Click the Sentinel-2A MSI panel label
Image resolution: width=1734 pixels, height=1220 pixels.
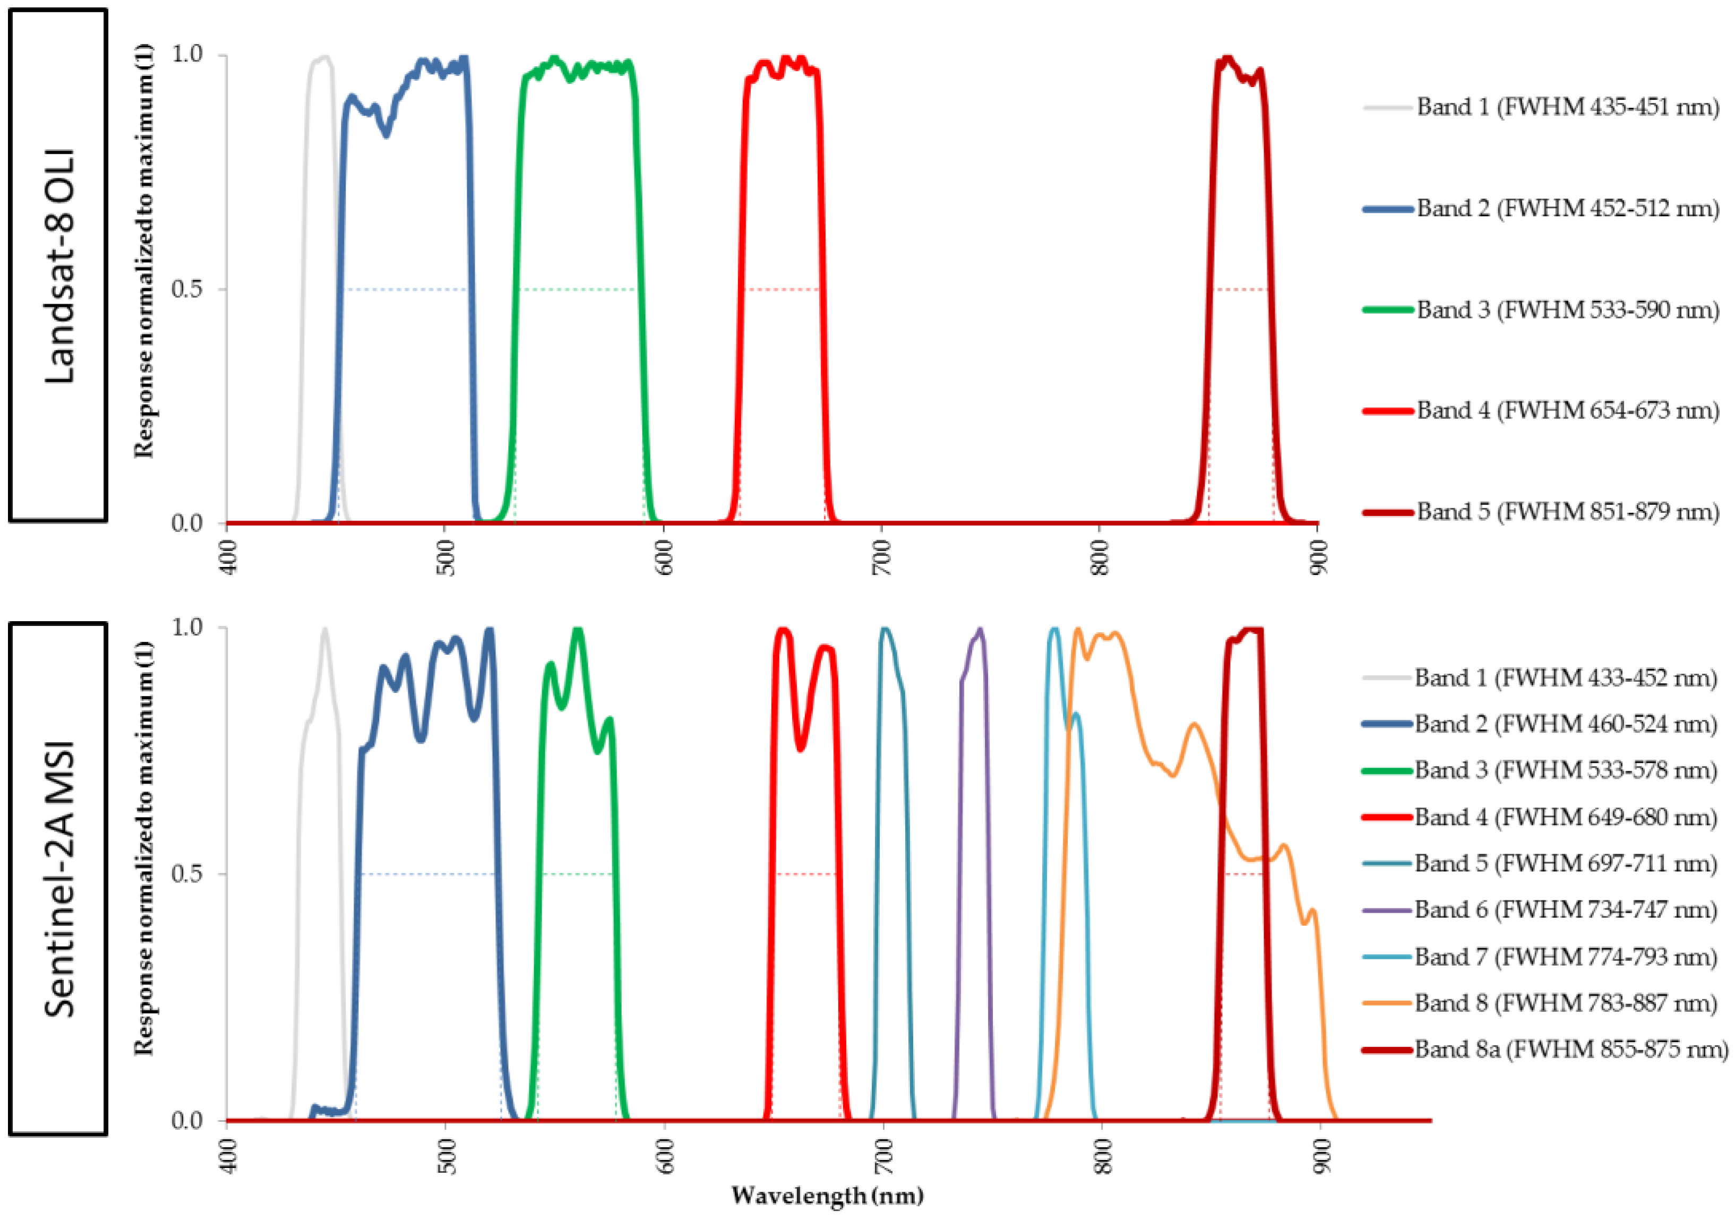[58, 879]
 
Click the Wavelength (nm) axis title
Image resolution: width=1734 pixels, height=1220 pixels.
[827, 1196]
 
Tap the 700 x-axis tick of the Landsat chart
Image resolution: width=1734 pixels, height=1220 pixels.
[881, 557]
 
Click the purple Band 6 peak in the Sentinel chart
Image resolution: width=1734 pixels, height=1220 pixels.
[980, 630]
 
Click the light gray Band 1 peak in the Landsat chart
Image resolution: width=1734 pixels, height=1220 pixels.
[324, 57]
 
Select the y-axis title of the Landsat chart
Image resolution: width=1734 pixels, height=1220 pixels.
[143, 250]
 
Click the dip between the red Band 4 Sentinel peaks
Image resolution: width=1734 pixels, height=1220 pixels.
[801, 749]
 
